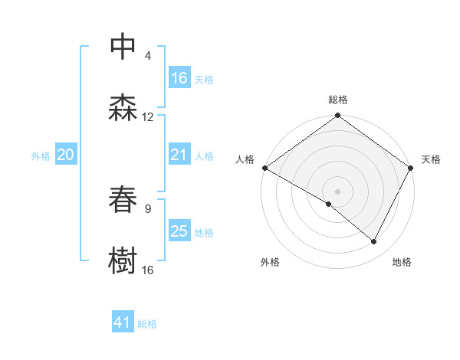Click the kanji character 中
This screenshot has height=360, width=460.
[x=123, y=47]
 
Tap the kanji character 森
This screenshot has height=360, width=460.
[x=123, y=108]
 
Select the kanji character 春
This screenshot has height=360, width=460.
[x=123, y=199]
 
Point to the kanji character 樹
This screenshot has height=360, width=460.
[x=123, y=260]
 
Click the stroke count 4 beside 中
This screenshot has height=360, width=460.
[x=148, y=56]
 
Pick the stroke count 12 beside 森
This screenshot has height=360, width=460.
[x=148, y=117]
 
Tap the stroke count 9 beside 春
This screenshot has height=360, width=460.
[x=148, y=208]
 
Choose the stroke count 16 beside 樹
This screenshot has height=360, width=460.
[x=148, y=270]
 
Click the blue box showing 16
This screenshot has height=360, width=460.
[x=179, y=78]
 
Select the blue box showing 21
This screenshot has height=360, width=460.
[x=179, y=155]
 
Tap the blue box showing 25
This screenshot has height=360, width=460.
[x=179, y=231]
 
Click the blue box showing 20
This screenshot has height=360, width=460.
[x=66, y=155]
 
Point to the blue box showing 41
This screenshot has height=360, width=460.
[x=123, y=323]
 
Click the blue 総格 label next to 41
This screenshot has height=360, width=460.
[x=147, y=324]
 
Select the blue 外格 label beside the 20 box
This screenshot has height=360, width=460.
[x=41, y=155]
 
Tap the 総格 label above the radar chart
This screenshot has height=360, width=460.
[x=338, y=100]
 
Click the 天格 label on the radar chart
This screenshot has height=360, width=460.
[x=431, y=159]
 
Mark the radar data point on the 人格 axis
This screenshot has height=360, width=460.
[x=264, y=168]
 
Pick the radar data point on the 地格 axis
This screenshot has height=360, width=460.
[x=374, y=242]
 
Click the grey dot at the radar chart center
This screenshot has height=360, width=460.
[x=338, y=191]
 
